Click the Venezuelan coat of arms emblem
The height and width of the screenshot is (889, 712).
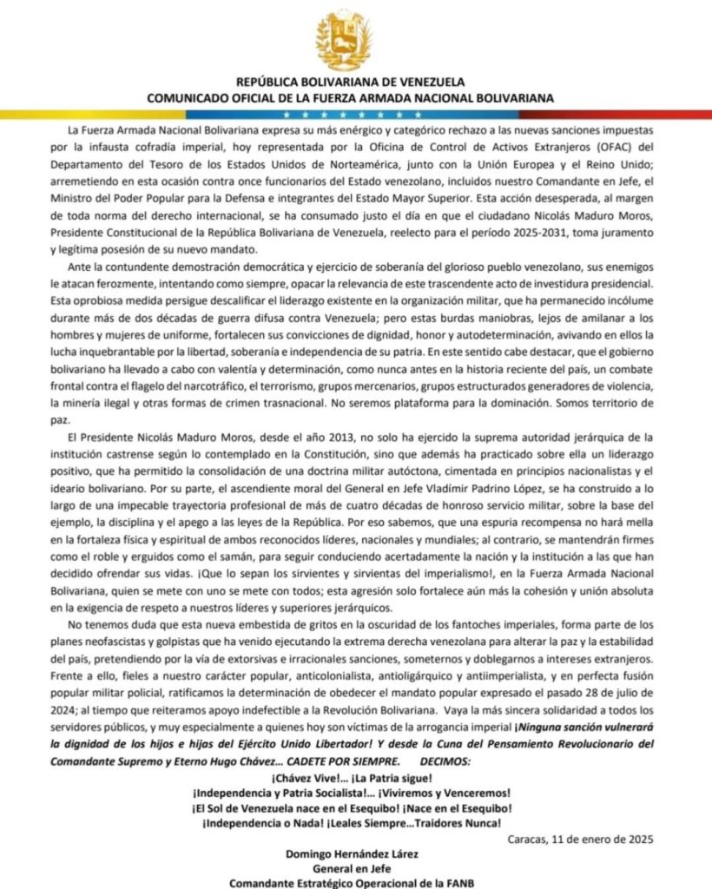[x=355, y=39]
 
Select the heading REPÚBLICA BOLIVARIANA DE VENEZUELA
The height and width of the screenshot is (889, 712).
[x=355, y=82]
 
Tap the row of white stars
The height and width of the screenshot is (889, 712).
[x=355, y=114]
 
